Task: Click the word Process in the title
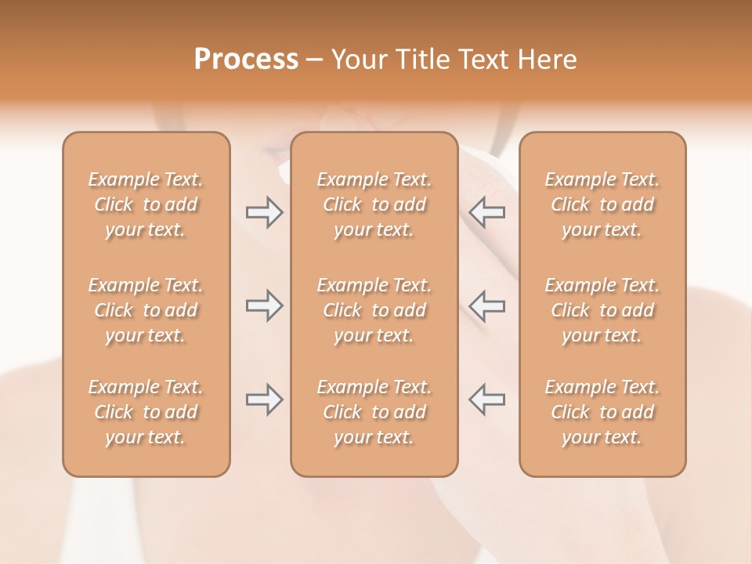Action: [246, 60]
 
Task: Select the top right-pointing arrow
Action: [264, 212]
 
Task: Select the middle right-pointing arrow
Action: [264, 306]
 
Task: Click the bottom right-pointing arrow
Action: [264, 399]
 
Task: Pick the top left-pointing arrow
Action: [486, 212]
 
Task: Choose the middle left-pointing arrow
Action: [486, 306]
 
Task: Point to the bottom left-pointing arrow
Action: [486, 399]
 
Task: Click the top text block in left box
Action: [146, 204]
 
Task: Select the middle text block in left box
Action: [146, 310]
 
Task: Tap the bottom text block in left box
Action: [146, 412]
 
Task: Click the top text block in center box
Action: [374, 204]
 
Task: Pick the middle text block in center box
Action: [374, 310]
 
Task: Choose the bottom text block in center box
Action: [374, 412]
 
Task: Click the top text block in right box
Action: [602, 204]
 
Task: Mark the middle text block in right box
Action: [602, 310]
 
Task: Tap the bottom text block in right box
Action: [602, 412]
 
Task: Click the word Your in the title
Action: [360, 60]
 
